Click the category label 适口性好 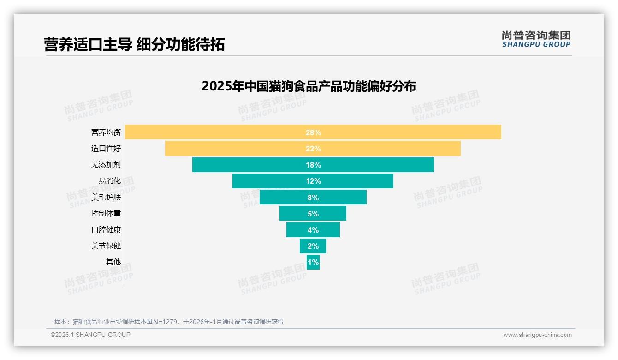(106, 149)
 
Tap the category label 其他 (113, 262)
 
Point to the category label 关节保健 (106, 246)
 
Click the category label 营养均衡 (106, 132)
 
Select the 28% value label (313, 132)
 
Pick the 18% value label (313, 165)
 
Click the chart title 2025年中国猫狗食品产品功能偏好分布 (309, 86)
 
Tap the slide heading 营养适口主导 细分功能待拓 (134, 45)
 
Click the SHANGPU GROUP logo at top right (536, 39)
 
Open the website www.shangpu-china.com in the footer (537, 335)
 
